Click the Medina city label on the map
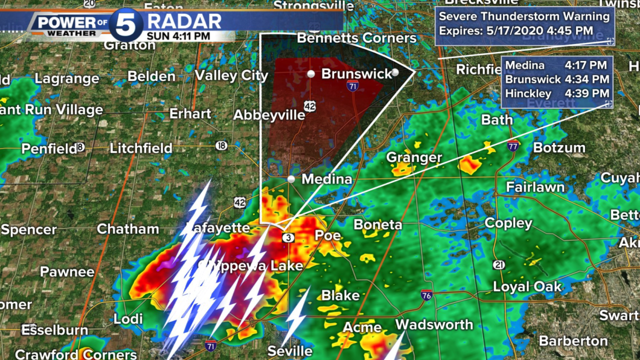(x=327, y=179)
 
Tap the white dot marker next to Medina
(x=291, y=178)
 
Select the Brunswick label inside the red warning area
(x=356, y=74)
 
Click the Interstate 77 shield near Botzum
(x=512, y=146)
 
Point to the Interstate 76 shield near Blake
(x=426, y=294)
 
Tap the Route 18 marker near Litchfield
(x=222, y=145)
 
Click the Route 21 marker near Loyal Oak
(x=498, y=264)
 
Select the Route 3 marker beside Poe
(x=288, y=237)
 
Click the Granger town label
(x=414, y=158)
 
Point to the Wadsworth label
(x=434, y=324)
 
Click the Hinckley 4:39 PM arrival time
(x=591, y=93)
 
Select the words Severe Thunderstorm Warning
(x=524, y=16)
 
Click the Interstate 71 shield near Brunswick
(x=352, y=86)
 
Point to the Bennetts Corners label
(x=356, y=38)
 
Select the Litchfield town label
(x=141, y=148)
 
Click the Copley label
(x=508, y=223)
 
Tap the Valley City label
(x=231, y=75)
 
